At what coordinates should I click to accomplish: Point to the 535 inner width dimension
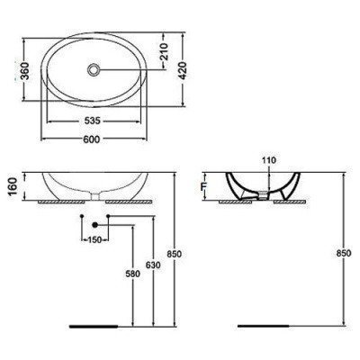coord(91,119)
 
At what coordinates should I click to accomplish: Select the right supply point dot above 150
coord(108,218)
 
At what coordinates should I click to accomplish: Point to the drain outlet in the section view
coord(263,193)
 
